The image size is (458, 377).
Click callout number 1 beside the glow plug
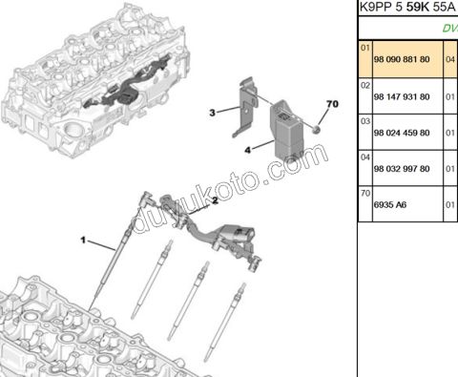(83, 240)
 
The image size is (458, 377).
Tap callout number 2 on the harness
(215, 200)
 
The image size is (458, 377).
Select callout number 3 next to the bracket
(214, 113)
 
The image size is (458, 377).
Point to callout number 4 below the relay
(248, 150)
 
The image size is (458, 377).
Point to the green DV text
(448, 29)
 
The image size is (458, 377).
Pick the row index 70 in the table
(364, 193)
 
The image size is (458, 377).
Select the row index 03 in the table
(364, 121)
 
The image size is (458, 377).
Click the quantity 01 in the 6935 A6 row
(451, 204)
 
